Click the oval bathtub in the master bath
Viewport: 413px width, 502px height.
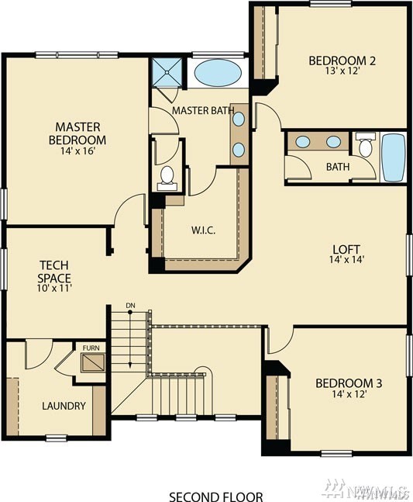(218, 73)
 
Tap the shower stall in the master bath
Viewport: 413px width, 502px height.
(167, 72)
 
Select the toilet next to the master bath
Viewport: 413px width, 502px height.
(167, 178)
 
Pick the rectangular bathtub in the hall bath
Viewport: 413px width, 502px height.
(394, 158)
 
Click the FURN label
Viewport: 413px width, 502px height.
(91, 348)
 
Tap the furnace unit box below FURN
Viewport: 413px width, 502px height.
(93, 363)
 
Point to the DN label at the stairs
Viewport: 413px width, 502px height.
(130, 306)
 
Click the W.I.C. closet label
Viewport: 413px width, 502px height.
(203, 230)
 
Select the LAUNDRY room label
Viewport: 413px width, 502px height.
(64, 406)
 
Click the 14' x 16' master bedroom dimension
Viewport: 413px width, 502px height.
(78, 151)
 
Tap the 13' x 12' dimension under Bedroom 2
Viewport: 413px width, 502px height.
(342, 71)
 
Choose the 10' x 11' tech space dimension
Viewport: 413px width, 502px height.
(54, 288)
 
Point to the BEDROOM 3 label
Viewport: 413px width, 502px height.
(349, 383)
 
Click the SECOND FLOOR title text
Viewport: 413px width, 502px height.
(216, 497)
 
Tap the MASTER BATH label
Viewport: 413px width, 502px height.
(203, 110)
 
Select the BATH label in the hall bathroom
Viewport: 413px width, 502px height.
(338, 167)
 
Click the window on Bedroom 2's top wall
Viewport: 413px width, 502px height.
(331, 4)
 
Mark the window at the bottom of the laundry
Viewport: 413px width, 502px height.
(57, 438)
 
